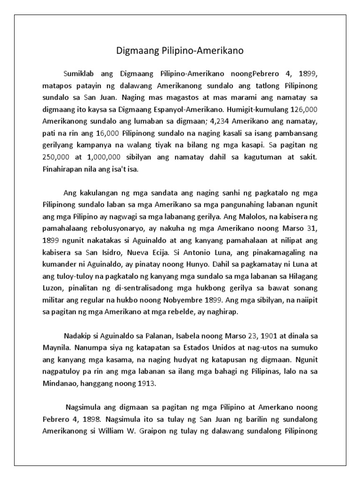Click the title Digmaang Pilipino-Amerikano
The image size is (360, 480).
[180, 50]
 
